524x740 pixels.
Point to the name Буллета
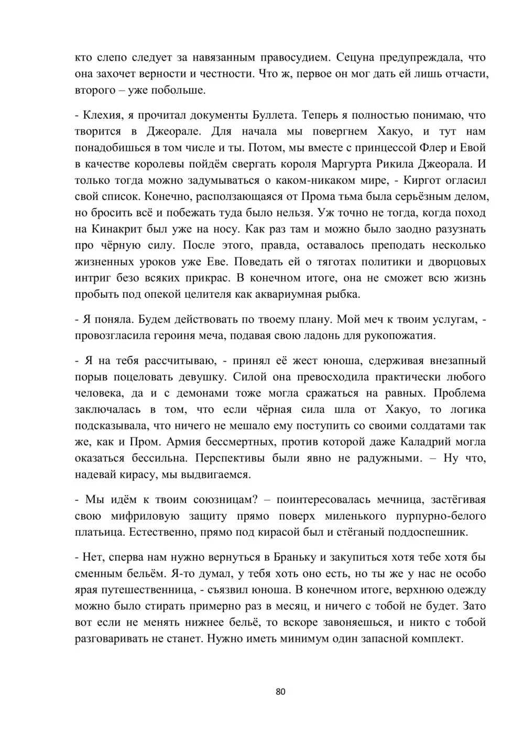point(275,115)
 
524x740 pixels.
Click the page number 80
point(280,692)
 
